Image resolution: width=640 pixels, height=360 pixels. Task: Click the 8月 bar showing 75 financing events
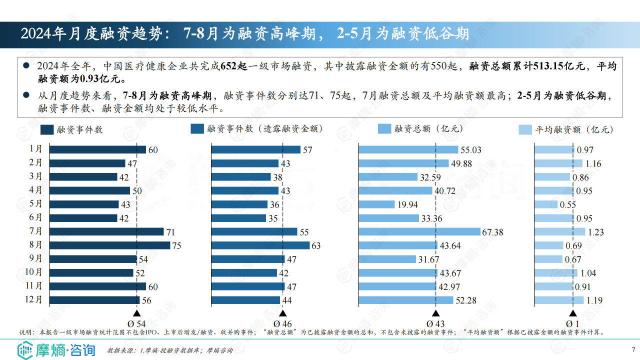pyautogui.click(x=110, y=245)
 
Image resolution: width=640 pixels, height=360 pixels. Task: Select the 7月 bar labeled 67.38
pyautogui.click(x=419, y=232)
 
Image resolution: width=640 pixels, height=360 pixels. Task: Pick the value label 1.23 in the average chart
pyautogui.click(x=596, y=232)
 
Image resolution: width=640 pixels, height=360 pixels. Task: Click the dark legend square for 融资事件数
pyautogui.click(x=47, y=129)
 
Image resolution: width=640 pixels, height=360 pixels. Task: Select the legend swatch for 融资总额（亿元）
pyautogui.click(x=384, y=129)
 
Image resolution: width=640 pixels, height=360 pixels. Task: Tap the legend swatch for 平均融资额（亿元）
pyautogui.click(x=525, y=129)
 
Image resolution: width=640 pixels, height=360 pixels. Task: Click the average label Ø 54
pyautogui.click(x=137, y=324)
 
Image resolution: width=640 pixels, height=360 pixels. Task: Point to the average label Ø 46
pyautogui.click(x=282, y=324)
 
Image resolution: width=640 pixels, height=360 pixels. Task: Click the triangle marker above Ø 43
pyautogui.click(x=436, y=313)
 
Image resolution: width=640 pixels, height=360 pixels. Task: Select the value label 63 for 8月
pyautogui.click(x=316, y=246)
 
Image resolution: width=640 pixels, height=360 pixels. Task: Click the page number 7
pyautogui.click(x=633, y=349)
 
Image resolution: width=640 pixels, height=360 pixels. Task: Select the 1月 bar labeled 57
pyautogui.click(x=255, y=149)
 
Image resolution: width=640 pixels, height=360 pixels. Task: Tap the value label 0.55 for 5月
pyautogui.click(x=567, y=205)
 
